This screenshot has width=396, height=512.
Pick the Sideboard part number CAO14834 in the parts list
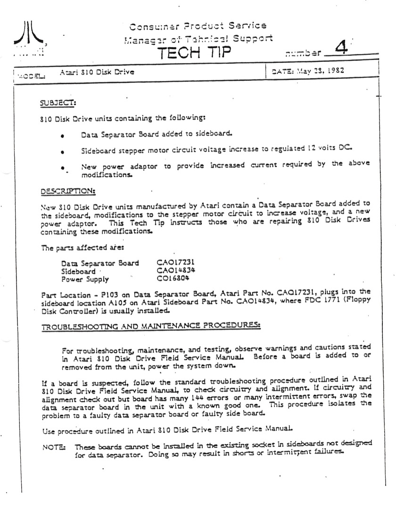(176, 271)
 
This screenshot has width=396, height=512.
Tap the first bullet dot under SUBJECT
(63, 136)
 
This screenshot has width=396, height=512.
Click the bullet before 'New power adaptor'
(63, 168)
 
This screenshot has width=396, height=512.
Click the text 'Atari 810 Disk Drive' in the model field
(97, 72)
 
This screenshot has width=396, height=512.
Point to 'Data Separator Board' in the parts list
(100, 263)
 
